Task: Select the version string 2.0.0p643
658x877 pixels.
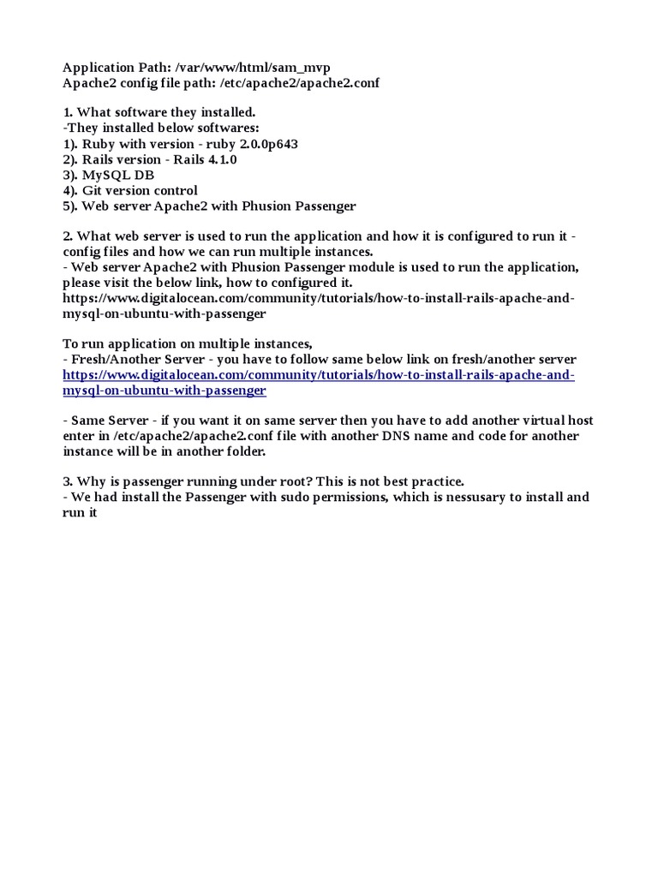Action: pos(256,144)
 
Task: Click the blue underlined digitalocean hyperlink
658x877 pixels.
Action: pos(319,375)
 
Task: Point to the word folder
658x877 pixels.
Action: pos(245,451)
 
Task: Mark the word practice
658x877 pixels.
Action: pos(434,481)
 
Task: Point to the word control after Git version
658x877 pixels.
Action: pos(174,190)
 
